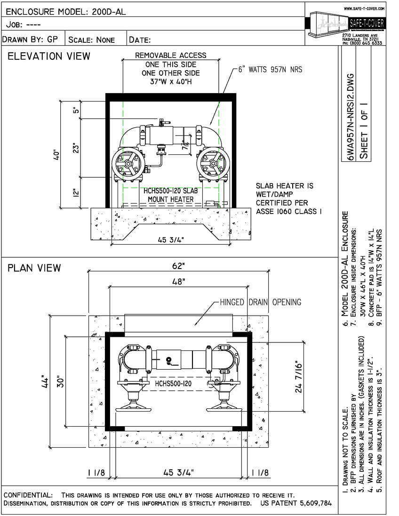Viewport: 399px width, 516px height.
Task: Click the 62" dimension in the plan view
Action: click(x=178, y=266)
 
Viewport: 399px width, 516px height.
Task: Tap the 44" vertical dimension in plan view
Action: click(x=45, y=381)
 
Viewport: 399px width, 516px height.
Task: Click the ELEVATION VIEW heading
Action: click(x=49, y=56)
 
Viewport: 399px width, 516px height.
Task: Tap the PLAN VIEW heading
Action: click(x=34, y=268)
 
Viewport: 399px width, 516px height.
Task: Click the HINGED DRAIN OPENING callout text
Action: click(x=260, y=302)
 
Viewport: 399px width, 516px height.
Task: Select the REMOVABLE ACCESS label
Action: click(x=170, y=55)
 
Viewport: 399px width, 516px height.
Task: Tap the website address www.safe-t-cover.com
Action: click(x=364, y=8)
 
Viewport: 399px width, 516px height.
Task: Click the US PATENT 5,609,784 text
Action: click(x=295, y=503)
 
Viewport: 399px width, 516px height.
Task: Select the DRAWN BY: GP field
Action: click(x=31, y=40)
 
